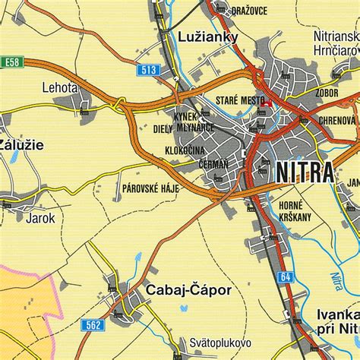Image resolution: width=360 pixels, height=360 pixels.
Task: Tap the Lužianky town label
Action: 207,36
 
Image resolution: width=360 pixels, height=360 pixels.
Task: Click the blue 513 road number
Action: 149,71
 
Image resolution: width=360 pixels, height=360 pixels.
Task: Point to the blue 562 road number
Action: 93,324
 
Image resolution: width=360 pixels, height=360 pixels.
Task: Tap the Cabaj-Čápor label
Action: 185,289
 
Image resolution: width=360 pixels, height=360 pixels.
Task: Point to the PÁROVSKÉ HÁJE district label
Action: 150,187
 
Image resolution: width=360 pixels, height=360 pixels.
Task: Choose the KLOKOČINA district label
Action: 185,150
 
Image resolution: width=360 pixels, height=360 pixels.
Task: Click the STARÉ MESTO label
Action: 240,100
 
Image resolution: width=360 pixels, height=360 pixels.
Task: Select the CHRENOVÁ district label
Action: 336,120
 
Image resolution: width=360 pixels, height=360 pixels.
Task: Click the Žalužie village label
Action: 21,144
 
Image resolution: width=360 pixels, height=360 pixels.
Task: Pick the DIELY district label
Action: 163,129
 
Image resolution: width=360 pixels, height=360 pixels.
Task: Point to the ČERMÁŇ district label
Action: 213,163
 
